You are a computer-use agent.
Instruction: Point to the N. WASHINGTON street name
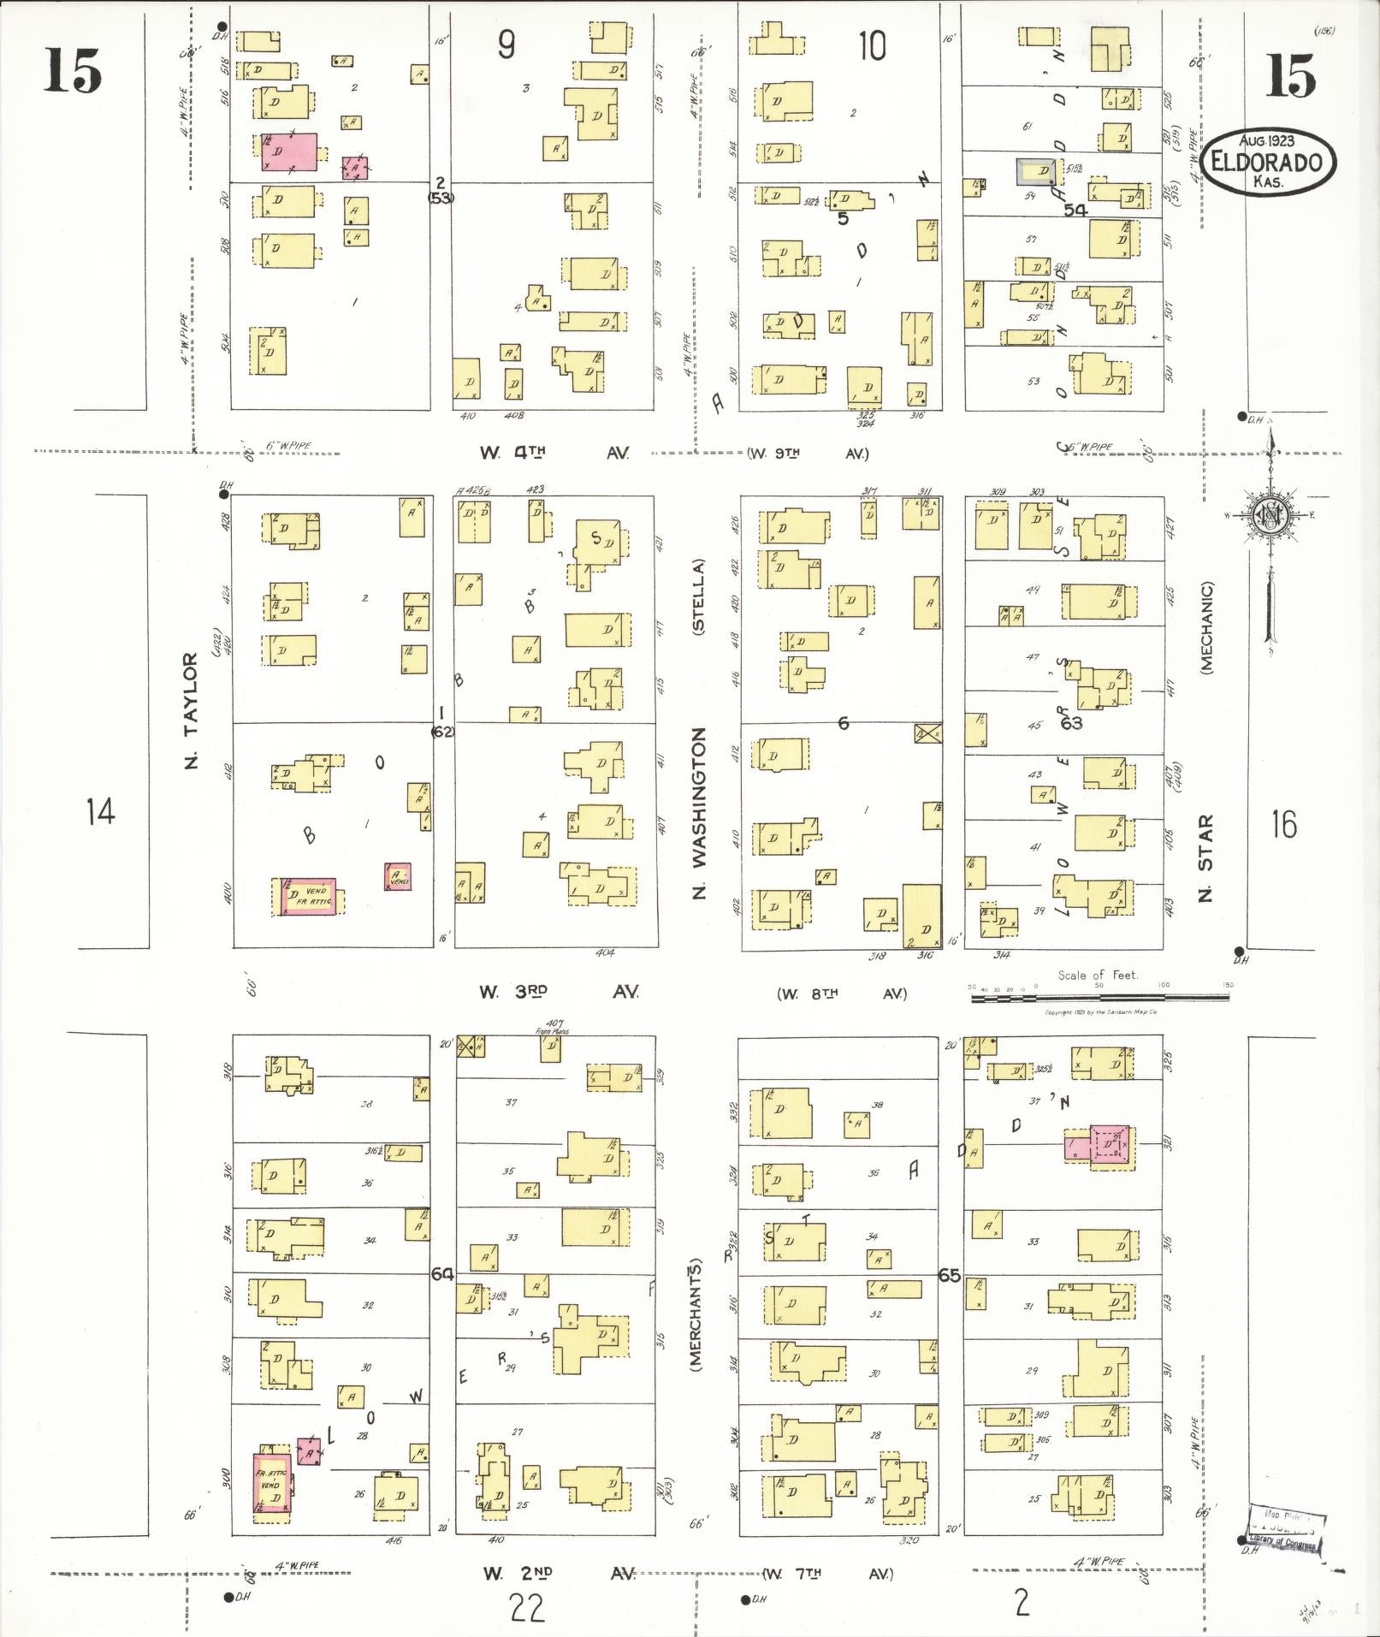(700, 813)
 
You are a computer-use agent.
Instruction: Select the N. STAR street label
(1206, 858)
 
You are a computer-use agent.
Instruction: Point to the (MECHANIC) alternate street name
(1206, 628)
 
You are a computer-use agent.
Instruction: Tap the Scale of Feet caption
(1098, 975)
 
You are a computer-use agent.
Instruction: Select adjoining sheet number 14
(101, 810)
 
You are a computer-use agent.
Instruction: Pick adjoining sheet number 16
(1283, 824)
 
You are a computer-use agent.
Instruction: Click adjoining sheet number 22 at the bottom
(526, 1609)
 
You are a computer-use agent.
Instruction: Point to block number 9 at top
(506, 45)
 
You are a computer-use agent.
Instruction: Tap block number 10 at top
(872, 45)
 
